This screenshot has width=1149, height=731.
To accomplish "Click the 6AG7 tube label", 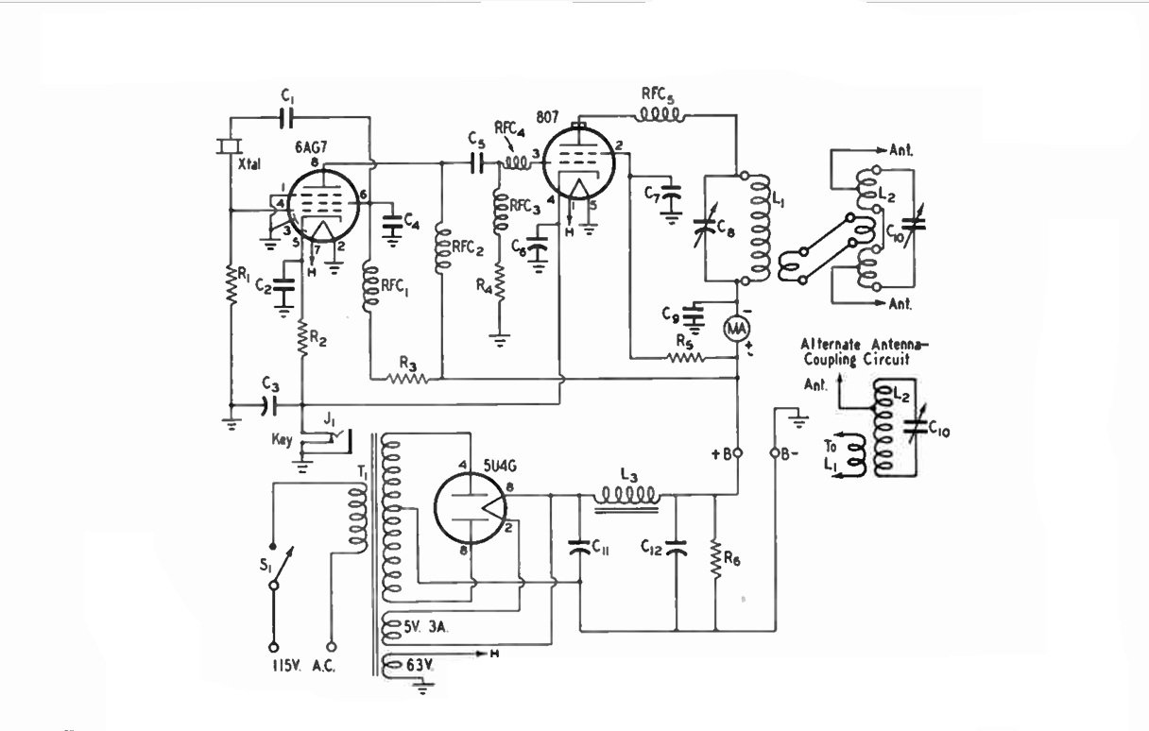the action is (311, 147).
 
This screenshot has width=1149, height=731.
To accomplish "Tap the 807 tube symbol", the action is (578, 162).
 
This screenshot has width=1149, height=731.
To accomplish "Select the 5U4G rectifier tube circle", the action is (470, 508).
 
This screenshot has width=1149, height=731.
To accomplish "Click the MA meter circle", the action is (737, 329).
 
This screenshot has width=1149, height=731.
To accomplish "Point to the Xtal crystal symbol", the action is (229, 146).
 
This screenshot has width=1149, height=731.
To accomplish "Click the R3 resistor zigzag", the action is (408, 379).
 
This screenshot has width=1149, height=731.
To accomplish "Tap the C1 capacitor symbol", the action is (287, 118).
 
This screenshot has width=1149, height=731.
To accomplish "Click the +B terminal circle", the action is (738, 453).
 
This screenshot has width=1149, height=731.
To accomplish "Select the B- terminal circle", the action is (776, 453).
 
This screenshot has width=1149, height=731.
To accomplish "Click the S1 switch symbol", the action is (280, 568).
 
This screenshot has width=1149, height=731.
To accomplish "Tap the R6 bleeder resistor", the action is (715, 559).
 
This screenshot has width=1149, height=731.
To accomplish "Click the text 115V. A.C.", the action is (303, 666).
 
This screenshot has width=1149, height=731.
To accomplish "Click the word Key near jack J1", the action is (282, 440).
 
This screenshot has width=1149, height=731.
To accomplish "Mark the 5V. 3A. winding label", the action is (426, 626).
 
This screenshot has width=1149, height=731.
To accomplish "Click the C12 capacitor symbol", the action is (676, 548).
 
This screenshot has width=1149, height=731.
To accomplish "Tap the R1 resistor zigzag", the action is (232, 284).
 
